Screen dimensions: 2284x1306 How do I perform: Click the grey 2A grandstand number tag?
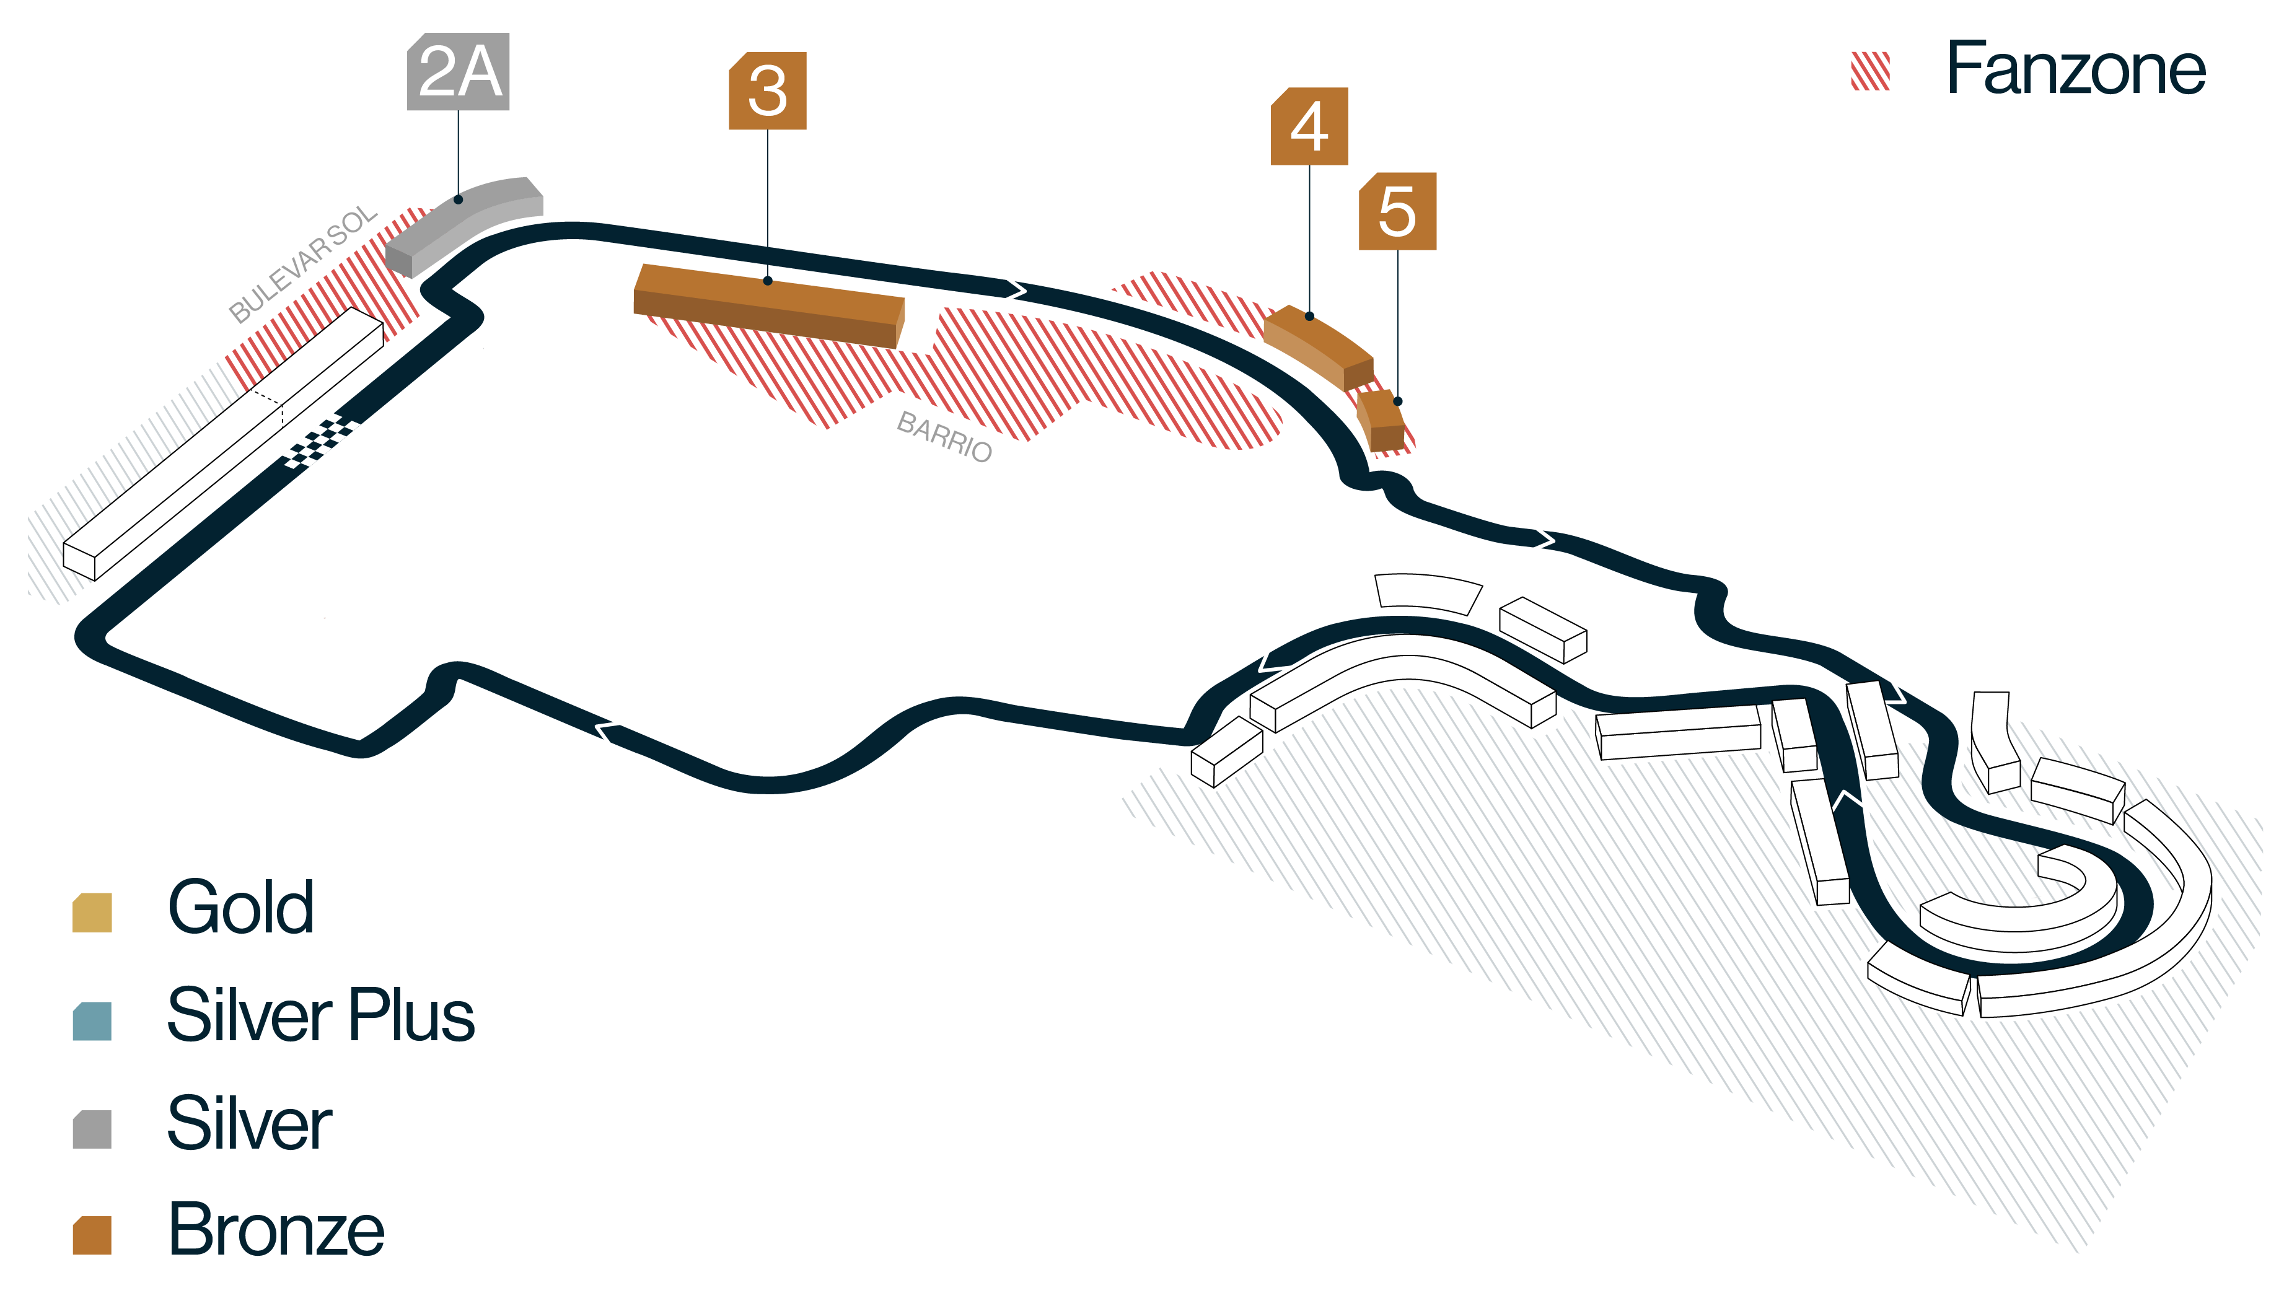459,72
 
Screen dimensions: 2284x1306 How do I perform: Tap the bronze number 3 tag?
768,90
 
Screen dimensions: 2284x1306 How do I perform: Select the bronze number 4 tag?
1310,126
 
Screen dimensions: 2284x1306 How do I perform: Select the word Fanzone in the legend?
2076,68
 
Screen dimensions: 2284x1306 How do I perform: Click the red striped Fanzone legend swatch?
1871,71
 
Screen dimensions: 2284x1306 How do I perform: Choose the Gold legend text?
241,907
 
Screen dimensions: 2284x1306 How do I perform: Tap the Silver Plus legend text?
321,1014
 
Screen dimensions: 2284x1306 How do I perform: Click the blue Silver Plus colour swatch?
92,1021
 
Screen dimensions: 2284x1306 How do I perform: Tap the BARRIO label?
944,437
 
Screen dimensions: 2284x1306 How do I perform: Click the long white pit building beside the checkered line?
223,444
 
